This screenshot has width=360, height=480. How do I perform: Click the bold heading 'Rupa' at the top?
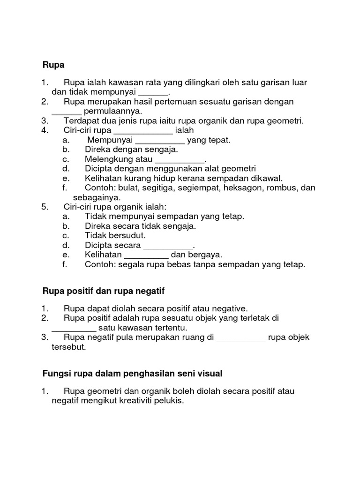point(53,65)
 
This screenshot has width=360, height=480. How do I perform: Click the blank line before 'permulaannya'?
point(67,111)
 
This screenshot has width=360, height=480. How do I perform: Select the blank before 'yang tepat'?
point(160,140)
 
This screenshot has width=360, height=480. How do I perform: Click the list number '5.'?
point(45,207)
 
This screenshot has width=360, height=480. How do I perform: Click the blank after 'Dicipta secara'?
point(167,245)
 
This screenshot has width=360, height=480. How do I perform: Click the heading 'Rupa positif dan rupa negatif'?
point(104,292)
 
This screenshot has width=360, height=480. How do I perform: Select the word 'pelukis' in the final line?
point(171,401)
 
